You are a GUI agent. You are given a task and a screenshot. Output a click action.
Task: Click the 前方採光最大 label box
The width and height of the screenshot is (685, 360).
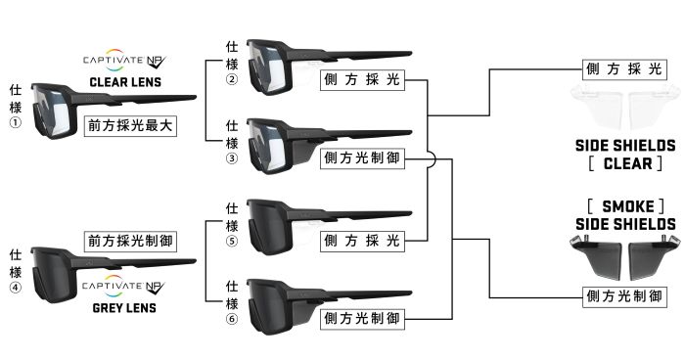tap(130, 126)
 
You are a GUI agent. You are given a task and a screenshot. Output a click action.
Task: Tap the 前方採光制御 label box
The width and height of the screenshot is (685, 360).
tap(130, 242)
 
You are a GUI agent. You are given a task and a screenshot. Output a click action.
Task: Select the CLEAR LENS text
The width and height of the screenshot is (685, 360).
tap(125, 82)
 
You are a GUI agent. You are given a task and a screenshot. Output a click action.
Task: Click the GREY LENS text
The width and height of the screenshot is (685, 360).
tap(124, 308)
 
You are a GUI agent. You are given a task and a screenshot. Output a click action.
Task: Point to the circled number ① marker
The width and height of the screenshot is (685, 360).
tap(16, 122)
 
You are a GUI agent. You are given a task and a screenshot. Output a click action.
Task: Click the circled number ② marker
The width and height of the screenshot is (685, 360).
tap(232, 80)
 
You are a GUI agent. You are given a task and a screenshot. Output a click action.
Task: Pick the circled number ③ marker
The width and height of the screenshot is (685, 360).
tap(232, 158)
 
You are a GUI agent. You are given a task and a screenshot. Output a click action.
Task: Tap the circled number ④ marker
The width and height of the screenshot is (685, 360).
tap(16, 288)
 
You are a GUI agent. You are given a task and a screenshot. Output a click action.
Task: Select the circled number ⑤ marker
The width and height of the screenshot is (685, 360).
tap(232, 242)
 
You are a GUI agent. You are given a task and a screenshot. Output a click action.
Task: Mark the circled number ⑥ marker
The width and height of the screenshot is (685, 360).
tap(232, 319)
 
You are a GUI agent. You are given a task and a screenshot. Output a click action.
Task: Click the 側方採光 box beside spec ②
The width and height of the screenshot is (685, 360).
tap(363, 80)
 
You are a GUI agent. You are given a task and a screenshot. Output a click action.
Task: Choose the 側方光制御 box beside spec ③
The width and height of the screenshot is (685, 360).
tap(363, 158)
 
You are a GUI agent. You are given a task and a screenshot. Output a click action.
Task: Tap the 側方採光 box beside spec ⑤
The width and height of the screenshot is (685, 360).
tap(363, 241)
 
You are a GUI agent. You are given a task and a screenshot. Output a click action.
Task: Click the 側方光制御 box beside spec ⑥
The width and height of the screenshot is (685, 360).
tap(363, 319)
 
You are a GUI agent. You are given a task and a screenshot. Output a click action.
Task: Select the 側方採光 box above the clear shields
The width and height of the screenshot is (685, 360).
tap(624, 69)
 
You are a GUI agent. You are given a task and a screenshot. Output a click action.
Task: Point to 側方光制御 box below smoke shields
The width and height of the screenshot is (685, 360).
tap(624, 296)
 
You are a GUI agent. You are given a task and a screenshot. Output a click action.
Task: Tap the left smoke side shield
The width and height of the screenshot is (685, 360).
tap(597, 256)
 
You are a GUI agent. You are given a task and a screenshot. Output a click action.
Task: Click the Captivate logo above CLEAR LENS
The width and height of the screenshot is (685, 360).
tap(124, 61)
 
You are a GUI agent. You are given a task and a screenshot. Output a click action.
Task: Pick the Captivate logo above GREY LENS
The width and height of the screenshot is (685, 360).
tap(123, 287)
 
